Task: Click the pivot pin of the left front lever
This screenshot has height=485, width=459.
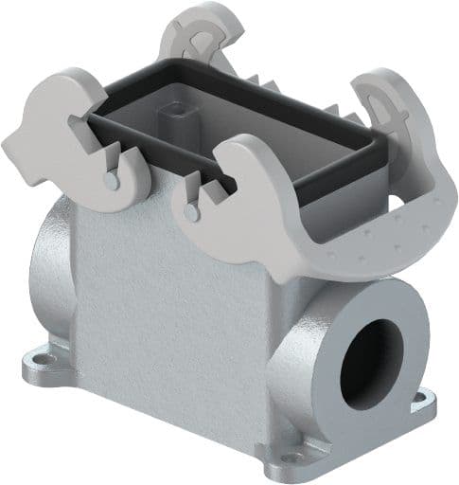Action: [112, 180]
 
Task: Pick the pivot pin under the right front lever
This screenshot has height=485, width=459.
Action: [193, 211]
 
